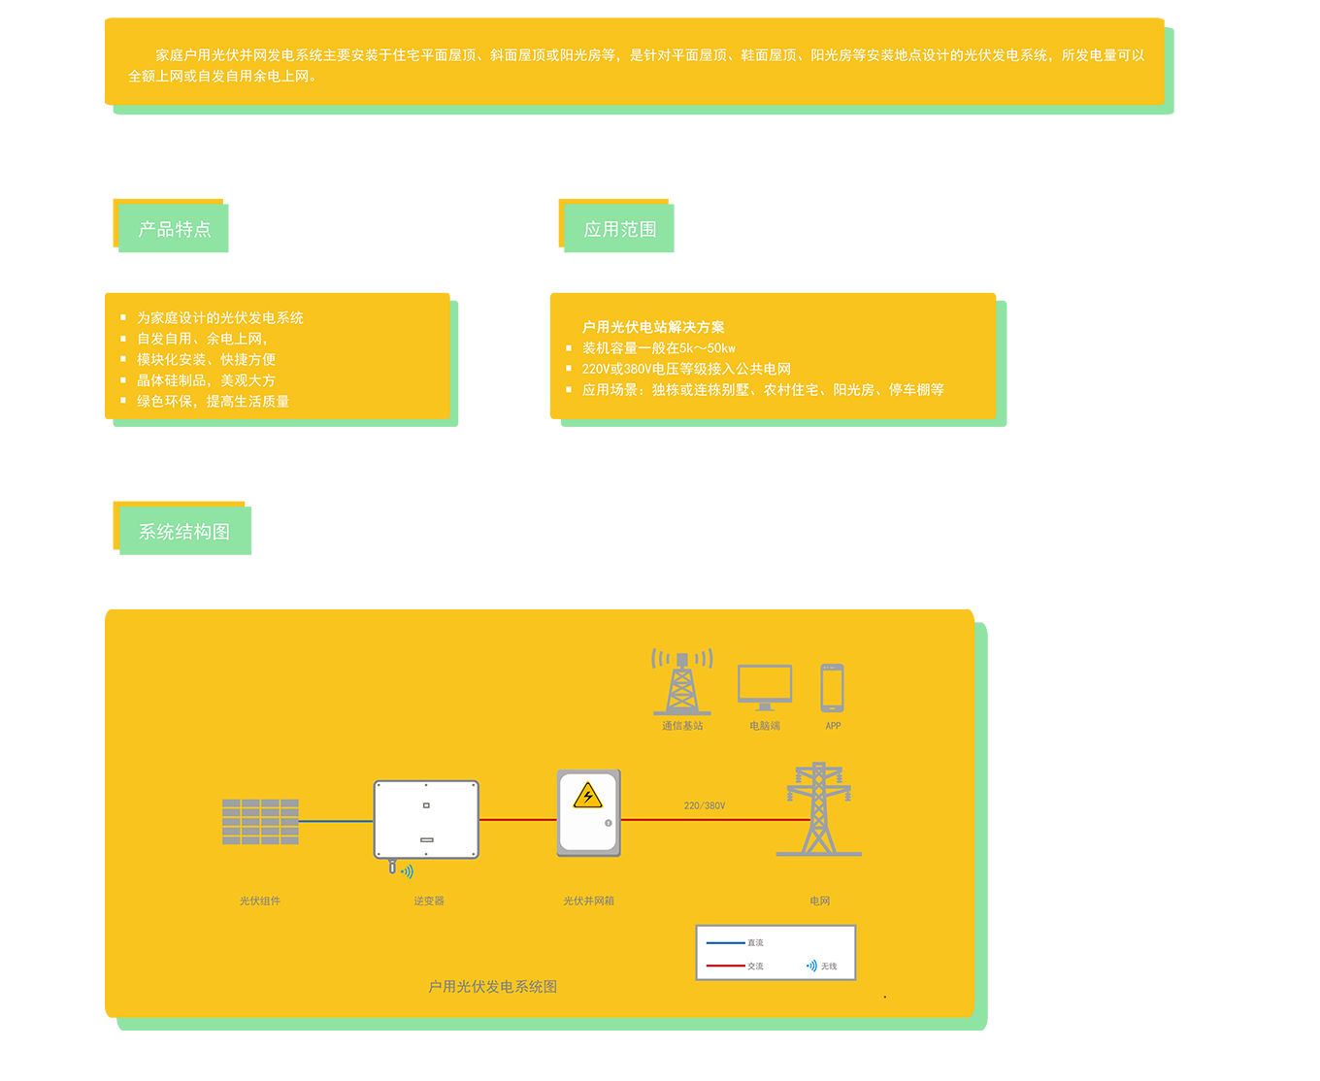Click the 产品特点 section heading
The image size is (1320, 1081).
coord(175,229)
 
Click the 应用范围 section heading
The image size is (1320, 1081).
coord(620,229)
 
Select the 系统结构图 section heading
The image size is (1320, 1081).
coord(184,532)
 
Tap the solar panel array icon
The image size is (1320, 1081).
coord(260,822)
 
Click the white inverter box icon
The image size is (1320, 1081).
coord(426,820)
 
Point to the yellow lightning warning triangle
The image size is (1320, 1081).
coord(588,797)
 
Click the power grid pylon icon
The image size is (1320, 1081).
coord(819,809)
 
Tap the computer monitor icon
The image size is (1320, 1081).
coord(765,687)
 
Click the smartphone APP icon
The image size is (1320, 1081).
coord(832,688)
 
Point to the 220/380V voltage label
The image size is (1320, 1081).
coord(705,805)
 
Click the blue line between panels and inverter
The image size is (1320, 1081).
coord(336,821)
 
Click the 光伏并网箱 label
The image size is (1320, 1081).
coord(588,901)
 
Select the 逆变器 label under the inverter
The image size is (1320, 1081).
coord(429,901)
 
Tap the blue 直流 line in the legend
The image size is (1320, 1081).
coord(725,942)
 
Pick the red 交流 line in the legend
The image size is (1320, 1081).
coord(725,966)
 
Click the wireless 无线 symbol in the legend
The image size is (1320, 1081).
coord(811,966)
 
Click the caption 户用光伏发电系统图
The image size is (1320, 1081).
coord(493,986)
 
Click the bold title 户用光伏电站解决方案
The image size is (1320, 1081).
coord(653,327)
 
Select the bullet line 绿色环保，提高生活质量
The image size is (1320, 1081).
coord(213,401)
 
